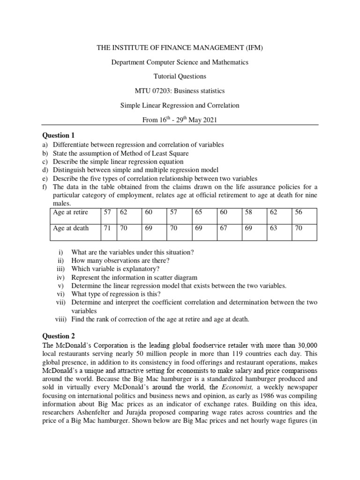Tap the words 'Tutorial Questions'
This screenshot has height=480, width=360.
[x=180, y=76]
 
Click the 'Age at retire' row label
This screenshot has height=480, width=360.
[x=71, y=212]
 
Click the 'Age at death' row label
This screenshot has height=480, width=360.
[x=71, y=228]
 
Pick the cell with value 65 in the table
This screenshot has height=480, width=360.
[x=198, y=212]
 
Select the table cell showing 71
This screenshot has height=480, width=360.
[x=107, y=228]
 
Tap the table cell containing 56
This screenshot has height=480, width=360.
[x=299, y=212]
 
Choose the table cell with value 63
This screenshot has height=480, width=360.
[x=273, y=228]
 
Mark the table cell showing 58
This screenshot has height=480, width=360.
[x=248, y=212]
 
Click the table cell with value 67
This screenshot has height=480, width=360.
[x=223, y=228]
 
